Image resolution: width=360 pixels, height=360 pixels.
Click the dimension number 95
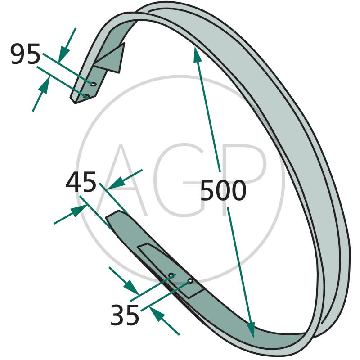click(26, 54)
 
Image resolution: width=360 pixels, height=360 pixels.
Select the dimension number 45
click(81, 182)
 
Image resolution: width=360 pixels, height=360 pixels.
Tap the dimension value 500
click(223, 190)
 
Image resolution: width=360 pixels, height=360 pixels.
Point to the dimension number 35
click(125, 315)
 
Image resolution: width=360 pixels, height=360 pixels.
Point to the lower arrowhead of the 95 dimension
click(45, 85)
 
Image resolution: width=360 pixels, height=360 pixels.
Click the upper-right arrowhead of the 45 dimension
click(117, 184)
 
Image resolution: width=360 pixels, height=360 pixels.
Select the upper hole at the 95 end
click(93, 84)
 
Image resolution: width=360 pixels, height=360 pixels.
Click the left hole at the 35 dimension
click(171, 275)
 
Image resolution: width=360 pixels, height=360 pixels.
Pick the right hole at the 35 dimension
click(190, 280)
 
